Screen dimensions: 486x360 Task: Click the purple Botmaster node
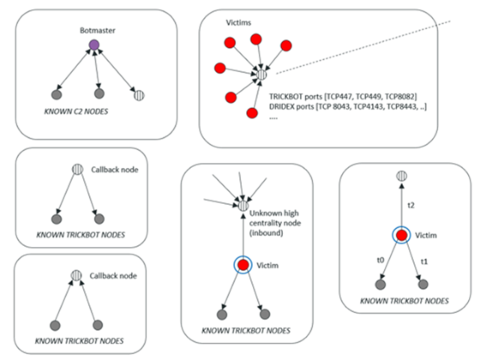pos(94,45)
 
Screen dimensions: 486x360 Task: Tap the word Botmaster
pos(98,30)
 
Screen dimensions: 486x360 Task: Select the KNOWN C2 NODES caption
pos(76,111)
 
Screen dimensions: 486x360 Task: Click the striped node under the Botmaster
pos(139,95)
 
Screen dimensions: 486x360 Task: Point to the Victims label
pos(238,22)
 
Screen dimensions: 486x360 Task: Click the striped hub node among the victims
pos(261,75)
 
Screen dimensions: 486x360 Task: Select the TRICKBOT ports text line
pos(343,97)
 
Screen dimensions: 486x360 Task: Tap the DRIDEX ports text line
pos(348,106)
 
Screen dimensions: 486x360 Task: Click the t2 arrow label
pos(411,205)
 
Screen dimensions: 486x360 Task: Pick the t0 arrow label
pos(381,260)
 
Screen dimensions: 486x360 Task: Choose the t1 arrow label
pos(424,261)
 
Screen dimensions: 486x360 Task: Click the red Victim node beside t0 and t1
pos(402,235)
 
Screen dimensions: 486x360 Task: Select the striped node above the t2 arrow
pos(402,176)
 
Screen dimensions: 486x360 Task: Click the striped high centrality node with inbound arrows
pos(243,206)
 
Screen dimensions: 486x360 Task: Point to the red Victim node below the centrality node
pos(243,265)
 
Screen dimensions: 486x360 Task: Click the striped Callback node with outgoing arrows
pos(77,170)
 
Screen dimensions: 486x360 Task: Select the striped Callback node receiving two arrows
pos(76,275)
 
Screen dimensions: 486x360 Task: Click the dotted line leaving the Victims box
pos(363,47)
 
